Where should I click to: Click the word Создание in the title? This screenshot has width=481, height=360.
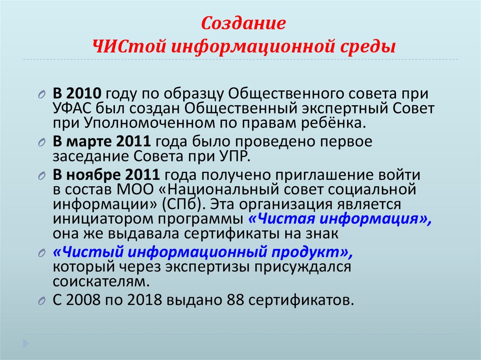point(243,23)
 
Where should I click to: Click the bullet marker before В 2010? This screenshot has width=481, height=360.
point(41,94)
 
